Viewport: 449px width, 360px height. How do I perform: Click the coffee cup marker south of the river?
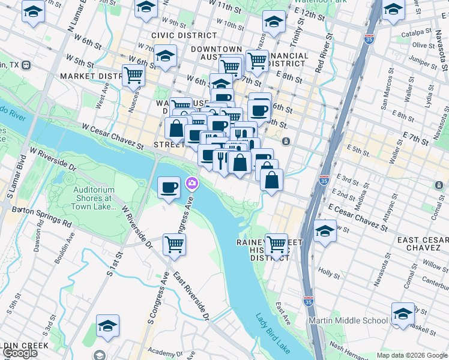(x=169, y=187)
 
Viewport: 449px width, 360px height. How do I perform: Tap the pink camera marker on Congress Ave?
(x=192, y=183)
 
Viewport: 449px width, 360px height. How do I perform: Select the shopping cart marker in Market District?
(x=133, y=76)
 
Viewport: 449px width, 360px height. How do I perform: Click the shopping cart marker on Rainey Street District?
(x=276, y=244)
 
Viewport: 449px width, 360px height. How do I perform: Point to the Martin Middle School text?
(x=348, y=320)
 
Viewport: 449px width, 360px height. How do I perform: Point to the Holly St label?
(x=328, y=272)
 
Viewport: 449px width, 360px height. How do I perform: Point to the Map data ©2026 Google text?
(x=412, y=355)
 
